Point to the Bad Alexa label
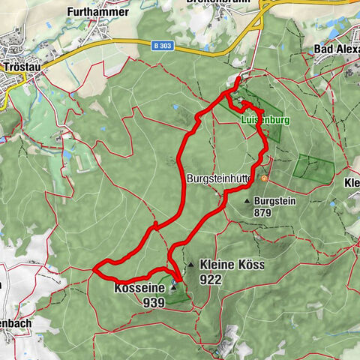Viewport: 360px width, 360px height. (335, 49)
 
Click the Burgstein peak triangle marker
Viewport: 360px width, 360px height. (247, 201)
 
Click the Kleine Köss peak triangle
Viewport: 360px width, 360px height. (192, 264)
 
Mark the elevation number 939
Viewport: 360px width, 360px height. (153, 302)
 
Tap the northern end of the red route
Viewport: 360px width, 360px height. (238, 79)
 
